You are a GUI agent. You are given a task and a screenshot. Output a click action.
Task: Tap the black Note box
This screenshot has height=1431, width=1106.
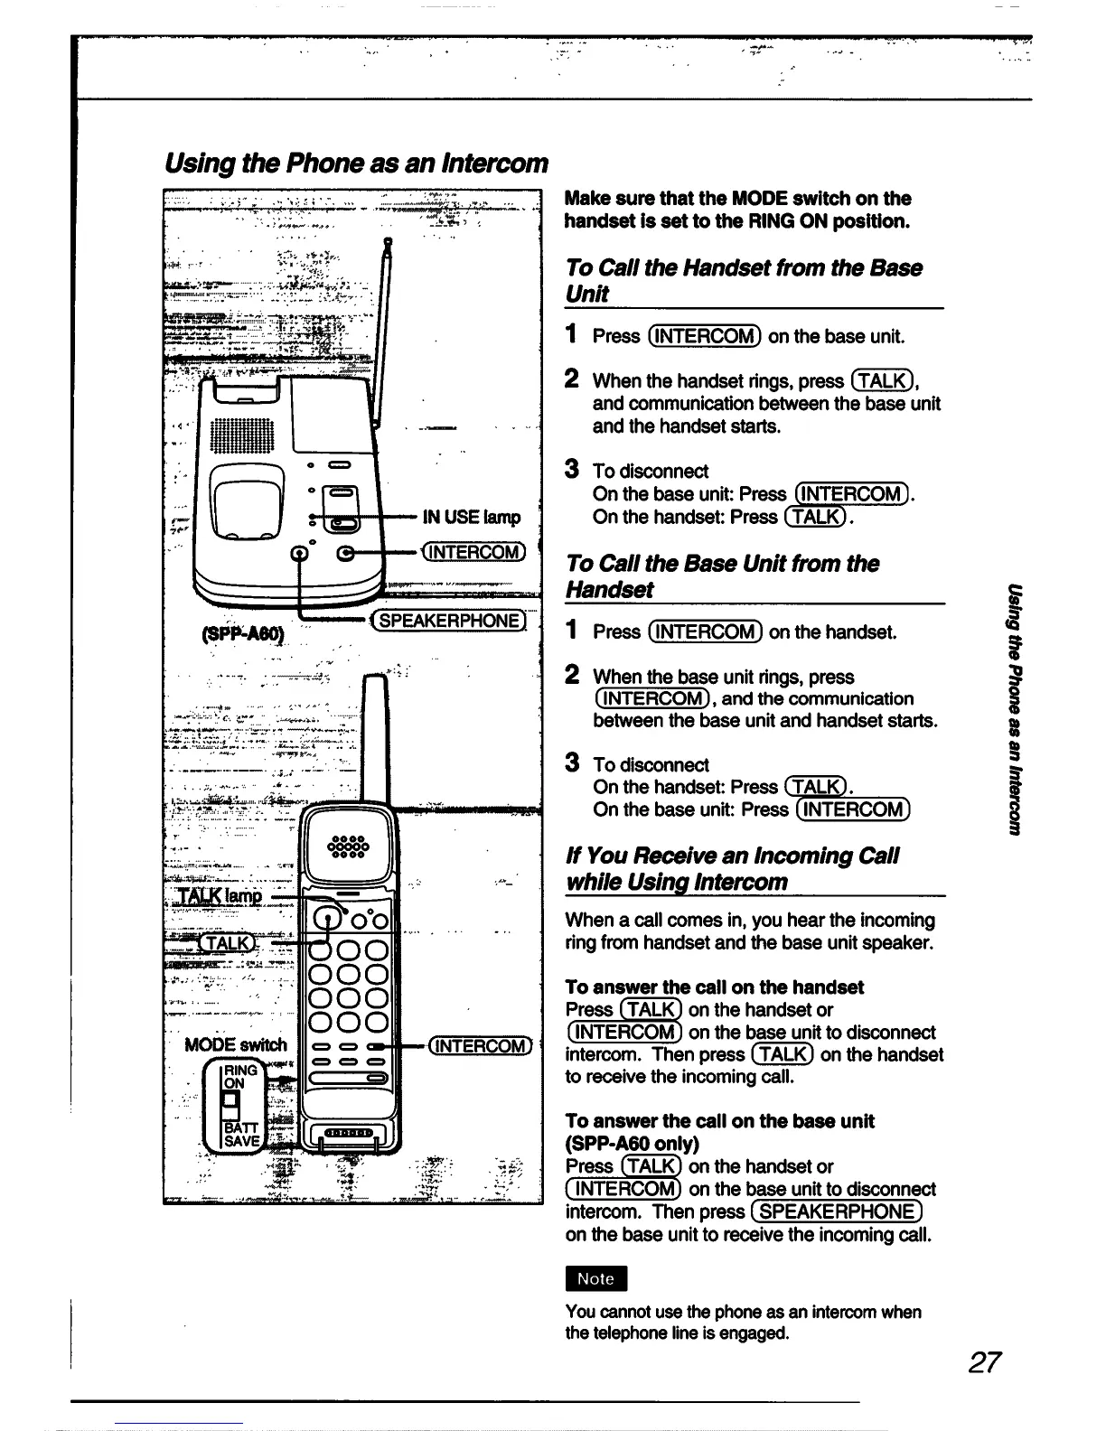(595, 1278)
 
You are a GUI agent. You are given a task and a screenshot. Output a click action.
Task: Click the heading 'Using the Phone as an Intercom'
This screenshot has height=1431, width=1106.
(356, 163)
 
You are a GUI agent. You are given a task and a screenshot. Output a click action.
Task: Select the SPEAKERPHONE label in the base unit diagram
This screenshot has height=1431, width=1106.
(450, 621)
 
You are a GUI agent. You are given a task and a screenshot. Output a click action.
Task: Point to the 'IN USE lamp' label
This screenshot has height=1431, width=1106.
(472, 517)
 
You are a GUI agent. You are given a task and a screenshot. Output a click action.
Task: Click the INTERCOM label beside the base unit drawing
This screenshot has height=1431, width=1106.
(473, 552)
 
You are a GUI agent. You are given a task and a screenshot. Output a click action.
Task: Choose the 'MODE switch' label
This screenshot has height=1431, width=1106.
(235, 1045)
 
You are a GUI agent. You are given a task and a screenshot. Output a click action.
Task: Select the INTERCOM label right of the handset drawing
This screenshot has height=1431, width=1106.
(480, 1046)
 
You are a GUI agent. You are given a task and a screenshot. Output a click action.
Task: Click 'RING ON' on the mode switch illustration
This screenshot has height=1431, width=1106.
(241, 1076)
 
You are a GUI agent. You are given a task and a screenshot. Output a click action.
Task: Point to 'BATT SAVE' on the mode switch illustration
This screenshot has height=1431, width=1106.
(241, 1134)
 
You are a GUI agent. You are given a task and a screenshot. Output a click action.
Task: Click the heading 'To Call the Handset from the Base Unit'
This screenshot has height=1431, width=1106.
(743, 280)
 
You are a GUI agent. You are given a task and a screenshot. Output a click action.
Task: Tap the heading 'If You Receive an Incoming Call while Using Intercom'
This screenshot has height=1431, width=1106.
(731, 868)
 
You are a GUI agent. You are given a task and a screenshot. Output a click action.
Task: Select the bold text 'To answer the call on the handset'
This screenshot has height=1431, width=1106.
(714, 987)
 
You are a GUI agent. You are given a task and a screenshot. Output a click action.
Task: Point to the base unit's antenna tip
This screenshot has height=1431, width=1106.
(388, 241)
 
